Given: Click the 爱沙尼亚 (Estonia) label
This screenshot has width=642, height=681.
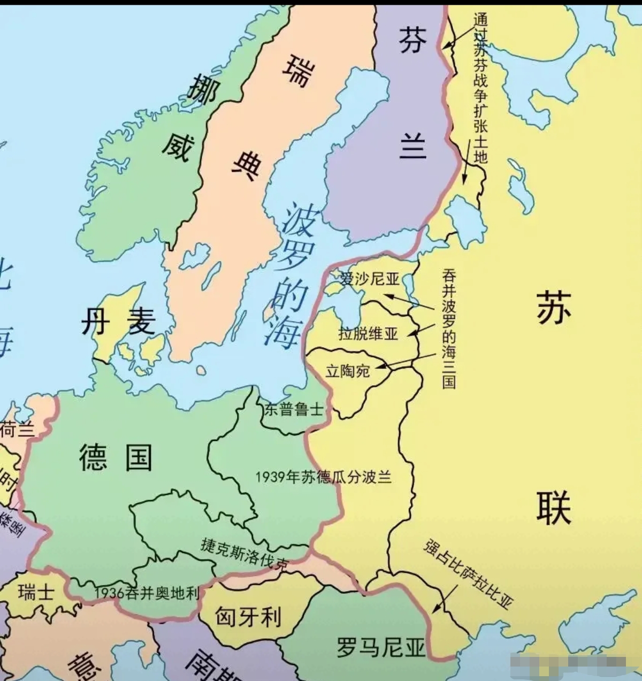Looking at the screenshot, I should click(370, 279).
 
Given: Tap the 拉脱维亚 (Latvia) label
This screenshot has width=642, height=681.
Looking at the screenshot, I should click(368, 334).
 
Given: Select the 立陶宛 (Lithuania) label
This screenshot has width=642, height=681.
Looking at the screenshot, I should click(348, 371).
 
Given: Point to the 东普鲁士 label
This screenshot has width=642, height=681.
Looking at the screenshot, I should click(294, 409).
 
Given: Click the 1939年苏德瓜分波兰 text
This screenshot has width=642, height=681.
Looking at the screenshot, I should click(323, 477).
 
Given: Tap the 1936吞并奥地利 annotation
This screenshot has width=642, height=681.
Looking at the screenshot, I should click(147, 593).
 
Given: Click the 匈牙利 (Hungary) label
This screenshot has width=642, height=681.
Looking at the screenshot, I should click(248, 617).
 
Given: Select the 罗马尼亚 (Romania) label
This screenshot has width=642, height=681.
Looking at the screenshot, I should click(381, 646).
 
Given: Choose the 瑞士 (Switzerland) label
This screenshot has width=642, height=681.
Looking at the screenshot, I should click(36, 592).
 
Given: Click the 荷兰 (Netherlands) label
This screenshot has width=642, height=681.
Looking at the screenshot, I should click(16, 429).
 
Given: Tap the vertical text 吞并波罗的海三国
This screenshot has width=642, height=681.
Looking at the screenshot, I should click(449, 328).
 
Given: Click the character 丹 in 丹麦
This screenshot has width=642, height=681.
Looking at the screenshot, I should click(95, 323).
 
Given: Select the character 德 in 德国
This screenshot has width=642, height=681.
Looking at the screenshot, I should click(94, 458).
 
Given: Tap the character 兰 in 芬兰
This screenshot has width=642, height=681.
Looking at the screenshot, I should click(412, 146).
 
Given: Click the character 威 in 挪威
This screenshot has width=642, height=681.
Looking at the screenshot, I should click(177, 146).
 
